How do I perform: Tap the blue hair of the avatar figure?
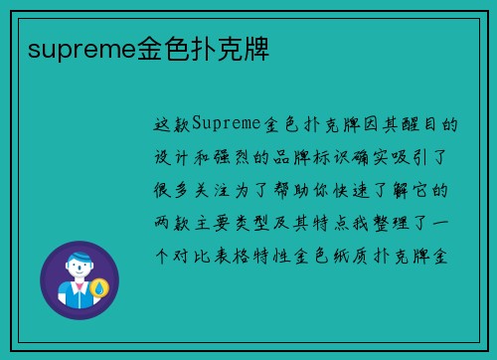[x=80, y=260]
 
